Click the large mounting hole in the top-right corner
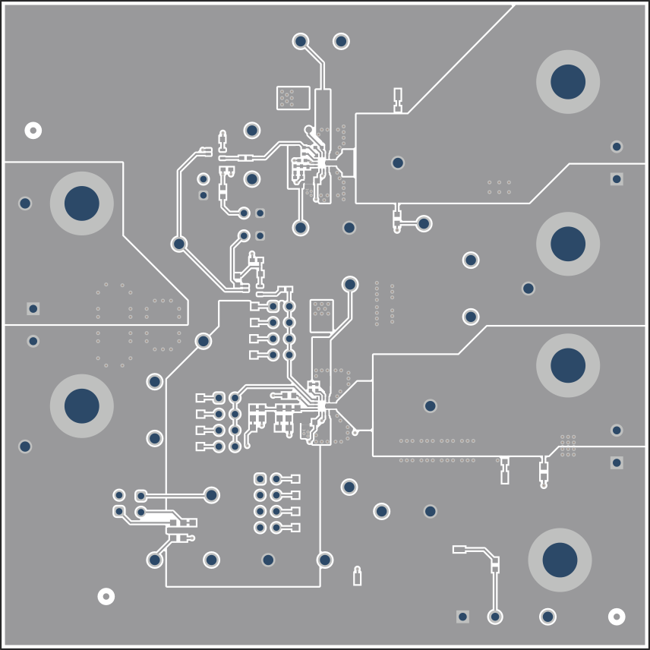tap(568, 82)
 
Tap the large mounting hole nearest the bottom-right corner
tap(560, 560)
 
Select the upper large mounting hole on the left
tap(82, 204)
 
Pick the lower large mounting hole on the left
tap(82, 405)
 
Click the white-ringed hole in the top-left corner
tap(33, 131)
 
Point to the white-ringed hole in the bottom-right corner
tap(617, 616)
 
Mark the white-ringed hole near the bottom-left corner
tap(106, 596)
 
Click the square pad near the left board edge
tap(33, 308)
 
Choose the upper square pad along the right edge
tap(617, 179)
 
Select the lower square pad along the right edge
tap(617, 462)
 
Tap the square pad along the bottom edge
tap(462, 617)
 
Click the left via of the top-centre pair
tap(301, 41)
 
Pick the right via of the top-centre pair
tap(341, 41)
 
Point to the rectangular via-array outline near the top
tap(293, 97)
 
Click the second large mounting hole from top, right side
tap(568, 244)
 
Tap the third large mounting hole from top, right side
tap(568, 365)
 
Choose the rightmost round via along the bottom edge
tap(547, 617)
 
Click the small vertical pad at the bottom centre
tap(357, 578)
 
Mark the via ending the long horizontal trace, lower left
tap(211, 495)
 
